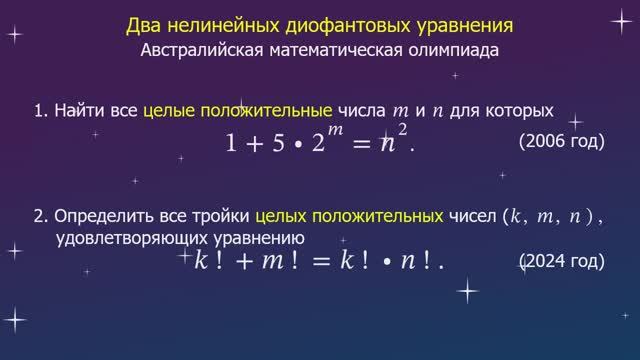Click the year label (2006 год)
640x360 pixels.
562,141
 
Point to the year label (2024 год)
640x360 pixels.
562,262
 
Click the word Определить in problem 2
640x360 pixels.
99,215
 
